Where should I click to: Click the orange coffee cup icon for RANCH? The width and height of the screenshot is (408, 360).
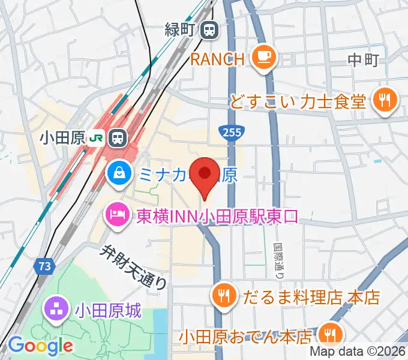[x=263, y=58]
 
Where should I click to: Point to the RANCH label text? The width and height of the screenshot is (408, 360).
[x=218, y=59]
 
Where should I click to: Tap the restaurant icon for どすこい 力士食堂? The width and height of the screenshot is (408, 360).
[x=383, y=100]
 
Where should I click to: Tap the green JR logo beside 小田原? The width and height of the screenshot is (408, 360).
[x=95, y=138]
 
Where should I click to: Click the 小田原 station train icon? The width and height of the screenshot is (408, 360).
[x=118, y=138]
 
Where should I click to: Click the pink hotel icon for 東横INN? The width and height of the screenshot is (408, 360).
[x=118, y=214]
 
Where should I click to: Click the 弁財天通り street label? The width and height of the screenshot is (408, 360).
[x=131, y=266]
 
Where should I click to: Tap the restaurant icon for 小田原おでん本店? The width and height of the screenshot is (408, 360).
[x=329, y=334]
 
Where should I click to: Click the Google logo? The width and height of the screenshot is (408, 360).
[x=40, y=346]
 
